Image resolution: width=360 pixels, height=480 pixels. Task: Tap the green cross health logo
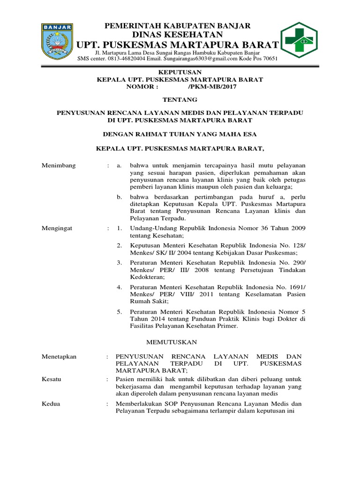pos(299,39)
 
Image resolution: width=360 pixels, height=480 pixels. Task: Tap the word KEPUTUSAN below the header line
pos(180,72)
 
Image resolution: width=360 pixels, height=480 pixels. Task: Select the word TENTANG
pos(180,99)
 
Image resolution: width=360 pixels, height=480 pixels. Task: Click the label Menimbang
pos(59,165)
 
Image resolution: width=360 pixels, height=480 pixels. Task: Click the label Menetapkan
pos(59,357)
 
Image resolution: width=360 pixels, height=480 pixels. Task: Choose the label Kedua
pos(51,404)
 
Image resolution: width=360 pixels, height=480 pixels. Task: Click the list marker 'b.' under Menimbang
pos(120,197)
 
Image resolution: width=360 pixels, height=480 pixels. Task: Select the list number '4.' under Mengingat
pos(120,286)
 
